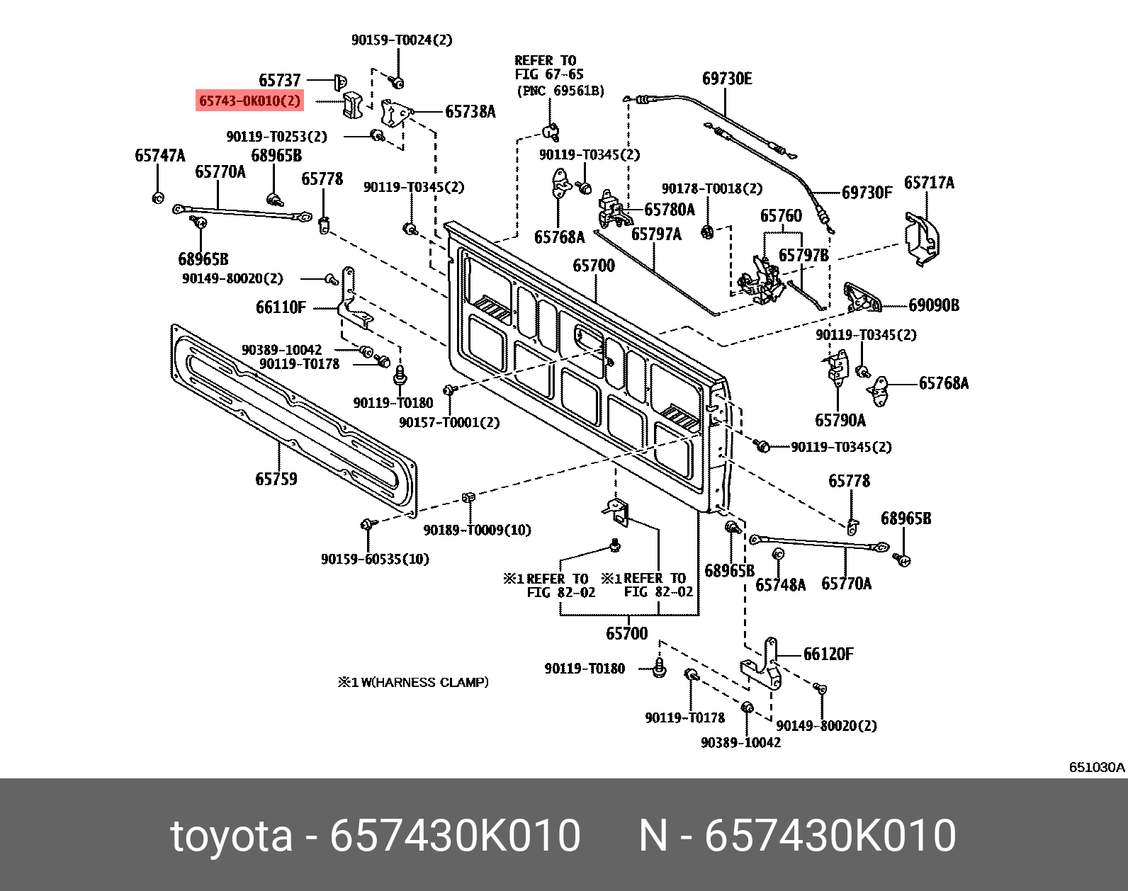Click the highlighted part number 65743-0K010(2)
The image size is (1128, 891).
point(250,101)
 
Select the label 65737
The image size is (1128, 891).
point(280,80)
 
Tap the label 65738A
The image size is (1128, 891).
point(470,111)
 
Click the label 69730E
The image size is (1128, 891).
point(727,79)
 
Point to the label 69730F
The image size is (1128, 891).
point(867,192)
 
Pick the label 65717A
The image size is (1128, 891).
point(929,183)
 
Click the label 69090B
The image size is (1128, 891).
point(934,305)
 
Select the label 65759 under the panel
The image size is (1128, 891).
point(276,479)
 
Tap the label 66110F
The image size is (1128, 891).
point(281,307)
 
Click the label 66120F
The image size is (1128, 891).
point(828,654)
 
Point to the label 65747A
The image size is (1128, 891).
point(160,155)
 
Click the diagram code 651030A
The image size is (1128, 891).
point(1097,767)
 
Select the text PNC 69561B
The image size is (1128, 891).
point(560,91)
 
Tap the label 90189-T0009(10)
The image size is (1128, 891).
point(477,530)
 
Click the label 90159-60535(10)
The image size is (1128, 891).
point(375,559)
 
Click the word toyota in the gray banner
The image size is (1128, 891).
point(231,835)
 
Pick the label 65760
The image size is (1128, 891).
point(781,215)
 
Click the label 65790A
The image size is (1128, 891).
point(840,421)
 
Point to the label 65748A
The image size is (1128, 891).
point(780,584)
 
